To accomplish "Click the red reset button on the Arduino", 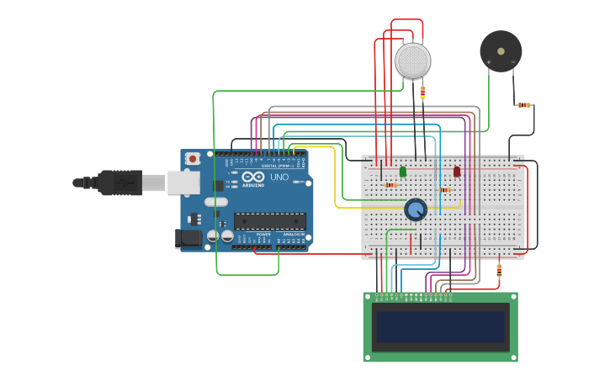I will point(193,158).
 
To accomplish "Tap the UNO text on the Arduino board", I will point(278,177).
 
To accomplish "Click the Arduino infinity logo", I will point(253,177).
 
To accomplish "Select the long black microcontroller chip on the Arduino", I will point(269,221).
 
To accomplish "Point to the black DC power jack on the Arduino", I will point(189,238).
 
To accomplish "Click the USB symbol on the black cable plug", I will point(129,182).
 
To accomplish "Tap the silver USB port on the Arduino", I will point(183,183).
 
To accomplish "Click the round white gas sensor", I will point(412,61).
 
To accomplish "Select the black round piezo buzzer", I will point(501,51).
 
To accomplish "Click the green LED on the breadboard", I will point(403,172).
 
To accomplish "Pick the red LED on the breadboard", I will point(457,172).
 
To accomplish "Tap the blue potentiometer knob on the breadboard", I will point(415,209).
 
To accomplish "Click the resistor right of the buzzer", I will point(523,105).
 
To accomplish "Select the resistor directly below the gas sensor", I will point(422,92).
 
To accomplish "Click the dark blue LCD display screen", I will point(440,327).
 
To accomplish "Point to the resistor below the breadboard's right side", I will point(499,270).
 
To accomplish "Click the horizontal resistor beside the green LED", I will point(390,185).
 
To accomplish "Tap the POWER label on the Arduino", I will point(263,234).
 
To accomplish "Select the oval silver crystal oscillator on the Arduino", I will point(216,202).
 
